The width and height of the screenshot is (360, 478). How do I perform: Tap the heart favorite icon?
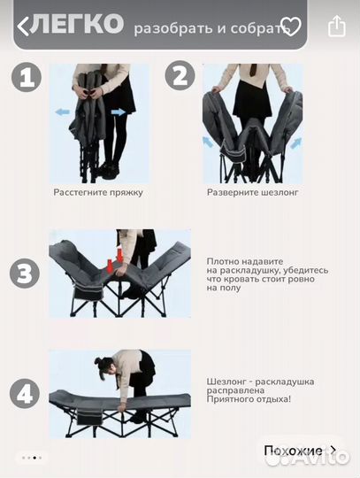(x=290, y=27)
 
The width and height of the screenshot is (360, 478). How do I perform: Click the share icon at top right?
(x=337, y=27)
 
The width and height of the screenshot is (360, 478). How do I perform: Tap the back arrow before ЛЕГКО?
(x=23, y=27)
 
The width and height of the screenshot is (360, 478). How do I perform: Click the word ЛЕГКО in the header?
(x=77, y=24)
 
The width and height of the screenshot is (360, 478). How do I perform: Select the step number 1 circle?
(x=27, y=77)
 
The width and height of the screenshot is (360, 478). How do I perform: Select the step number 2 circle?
(x=180, y=75)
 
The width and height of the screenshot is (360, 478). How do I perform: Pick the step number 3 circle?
(x=25, y=274)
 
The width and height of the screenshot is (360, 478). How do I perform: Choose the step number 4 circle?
(x=25, y=394)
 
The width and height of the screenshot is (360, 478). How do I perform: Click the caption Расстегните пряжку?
(x=98, y=193)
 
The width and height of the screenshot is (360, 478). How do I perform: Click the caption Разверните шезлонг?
(x=252, y=193)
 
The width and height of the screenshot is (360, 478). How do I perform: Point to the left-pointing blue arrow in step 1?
(x=63, y=112)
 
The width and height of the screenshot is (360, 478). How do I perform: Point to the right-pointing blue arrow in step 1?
(x=119, y=112)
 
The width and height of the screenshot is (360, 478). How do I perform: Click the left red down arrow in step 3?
(x=110, y=266)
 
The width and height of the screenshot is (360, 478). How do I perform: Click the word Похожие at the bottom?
(x=293, y=451)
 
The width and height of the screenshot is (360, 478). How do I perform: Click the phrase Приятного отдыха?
(x=249, y=399)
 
